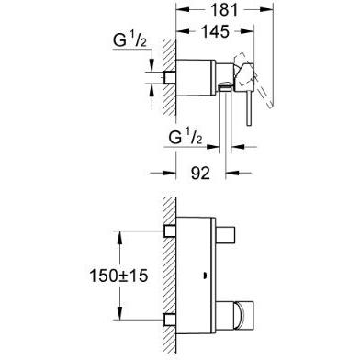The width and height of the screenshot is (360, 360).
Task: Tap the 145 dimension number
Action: click(x=216, y=31)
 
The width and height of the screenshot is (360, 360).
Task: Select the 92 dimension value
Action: click(x=200, y=174)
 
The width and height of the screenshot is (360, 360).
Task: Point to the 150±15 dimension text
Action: click(x=118, y=276)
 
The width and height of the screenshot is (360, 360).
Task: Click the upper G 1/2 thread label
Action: click(x=129, y=40)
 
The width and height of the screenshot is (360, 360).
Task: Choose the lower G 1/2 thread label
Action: click(x=186, y=137)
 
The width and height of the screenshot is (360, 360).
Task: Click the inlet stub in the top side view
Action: click(x=170, y=77)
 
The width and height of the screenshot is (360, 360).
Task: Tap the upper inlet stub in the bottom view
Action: click(x=170, y=231)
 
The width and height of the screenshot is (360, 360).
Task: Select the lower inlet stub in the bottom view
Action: click(x=170, y=320)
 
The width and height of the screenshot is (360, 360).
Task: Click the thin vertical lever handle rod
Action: click(x=249, y=107)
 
